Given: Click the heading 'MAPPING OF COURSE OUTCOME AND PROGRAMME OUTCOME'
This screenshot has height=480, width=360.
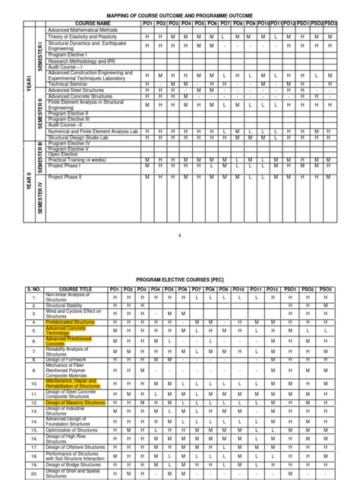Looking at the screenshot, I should [x=178, y=15].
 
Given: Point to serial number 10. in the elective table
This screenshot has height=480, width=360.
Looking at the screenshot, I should [x=33, y=373].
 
